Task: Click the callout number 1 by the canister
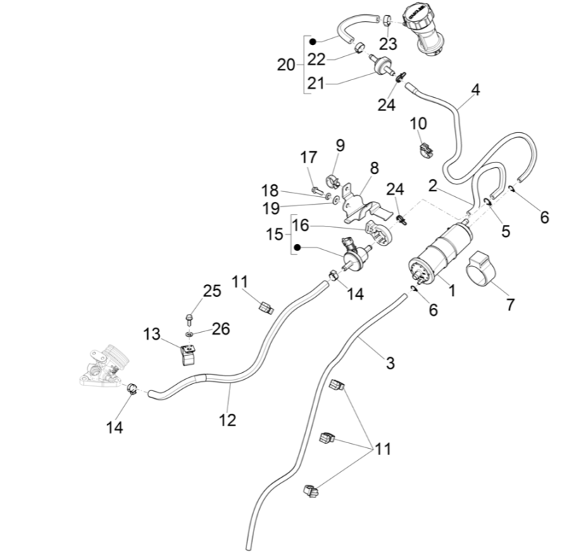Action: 452,288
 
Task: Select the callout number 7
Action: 510,305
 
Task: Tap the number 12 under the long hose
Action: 227,420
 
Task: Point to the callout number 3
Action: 390,363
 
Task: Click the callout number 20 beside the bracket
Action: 287,65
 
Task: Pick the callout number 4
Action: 475,90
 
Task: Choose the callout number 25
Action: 212,291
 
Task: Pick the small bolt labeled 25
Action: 189,318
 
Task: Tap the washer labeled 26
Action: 191,332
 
